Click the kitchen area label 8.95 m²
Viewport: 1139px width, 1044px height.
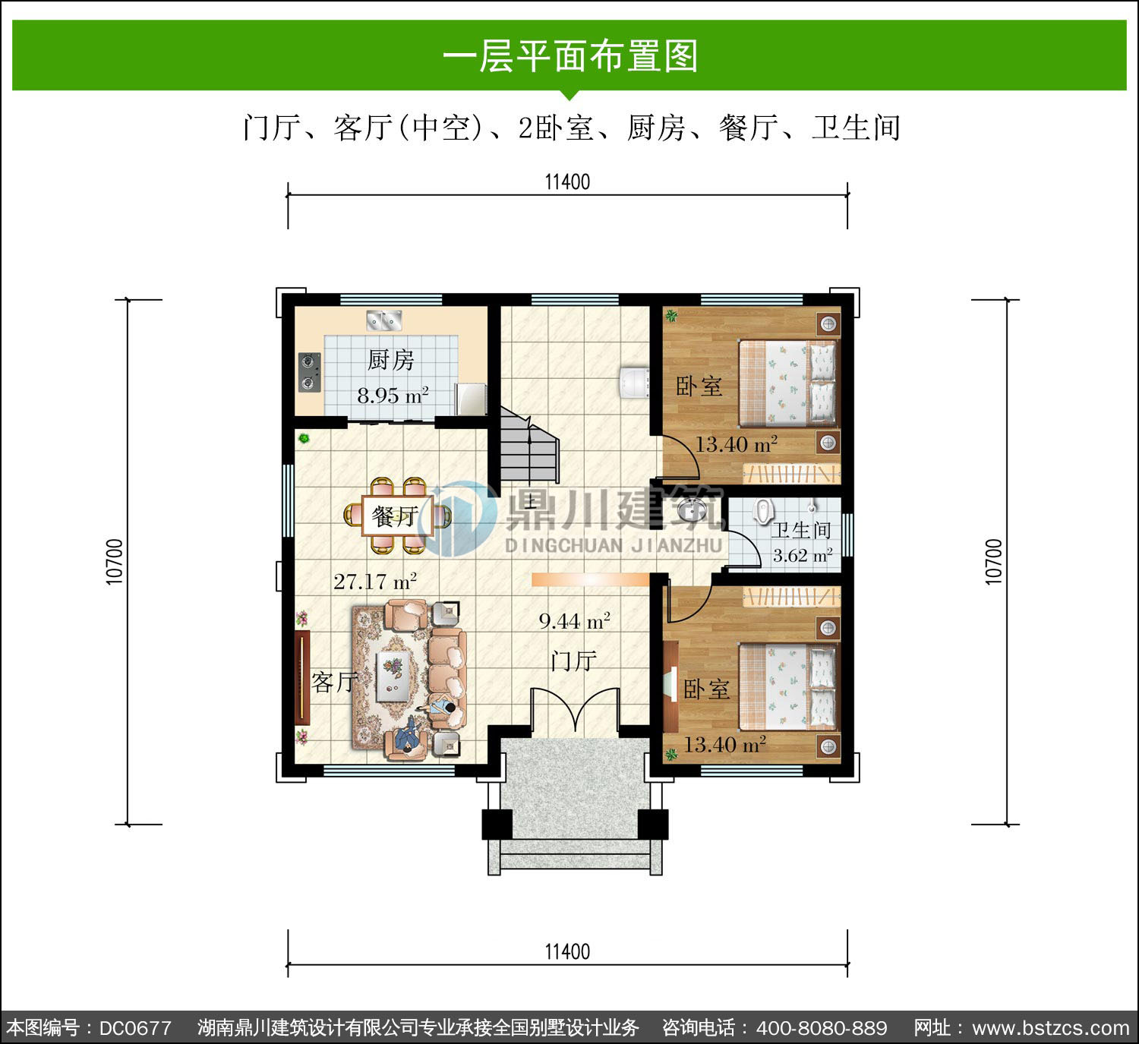[x=393, y=395]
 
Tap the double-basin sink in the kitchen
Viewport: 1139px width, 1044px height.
[x=383, y=320]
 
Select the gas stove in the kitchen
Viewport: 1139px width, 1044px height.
[x=310, y=372]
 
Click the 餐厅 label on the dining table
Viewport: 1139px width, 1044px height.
[x=395, y=516]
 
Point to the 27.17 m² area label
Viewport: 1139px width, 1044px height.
[x=375, y=581]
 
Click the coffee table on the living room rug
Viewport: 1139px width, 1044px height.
[x=393, y=677]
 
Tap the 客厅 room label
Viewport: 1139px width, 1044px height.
[x=334, y=682]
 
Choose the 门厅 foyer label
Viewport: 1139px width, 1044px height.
[x=573, y=661]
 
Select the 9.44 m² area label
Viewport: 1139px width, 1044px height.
[x=575, y=621]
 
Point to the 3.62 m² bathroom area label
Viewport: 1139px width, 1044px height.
[x=803, y=555]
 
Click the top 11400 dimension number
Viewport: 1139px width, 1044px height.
[x=567, y=181]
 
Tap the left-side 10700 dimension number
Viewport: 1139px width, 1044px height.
[x=115, y=562]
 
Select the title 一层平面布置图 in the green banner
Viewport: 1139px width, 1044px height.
[x=569, y=56]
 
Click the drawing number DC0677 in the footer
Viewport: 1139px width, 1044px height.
[x=135, y=1028]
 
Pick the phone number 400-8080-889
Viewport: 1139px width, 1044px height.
[x=822, y=1028]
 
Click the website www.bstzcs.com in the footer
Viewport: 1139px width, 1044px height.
[x=1050, y=1028]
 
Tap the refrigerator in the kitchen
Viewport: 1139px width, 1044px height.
[x=471, y=399]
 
